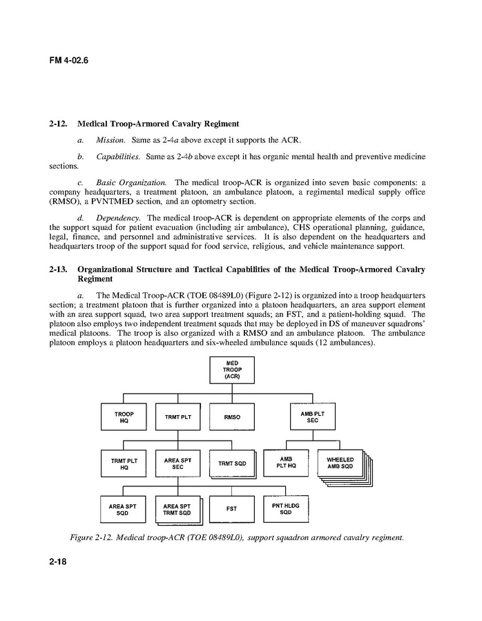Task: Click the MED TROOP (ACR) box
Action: pos(232,370)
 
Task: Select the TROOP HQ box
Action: pos(124,417)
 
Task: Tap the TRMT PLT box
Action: pos(177,417)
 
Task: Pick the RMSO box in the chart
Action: pos(232,417)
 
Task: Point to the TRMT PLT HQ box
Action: pos(124,463)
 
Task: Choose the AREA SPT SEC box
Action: pos(177,463)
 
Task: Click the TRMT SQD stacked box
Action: pos(231,464)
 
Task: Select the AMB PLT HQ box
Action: pos(286,462)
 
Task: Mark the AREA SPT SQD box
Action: pos(123,510)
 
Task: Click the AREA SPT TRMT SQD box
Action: pos(177,510)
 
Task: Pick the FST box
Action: pos(231,509)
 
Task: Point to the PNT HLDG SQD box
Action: pos(286,508)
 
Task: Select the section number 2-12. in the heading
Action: pos(58,124)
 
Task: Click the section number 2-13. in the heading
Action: pos(58,269)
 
